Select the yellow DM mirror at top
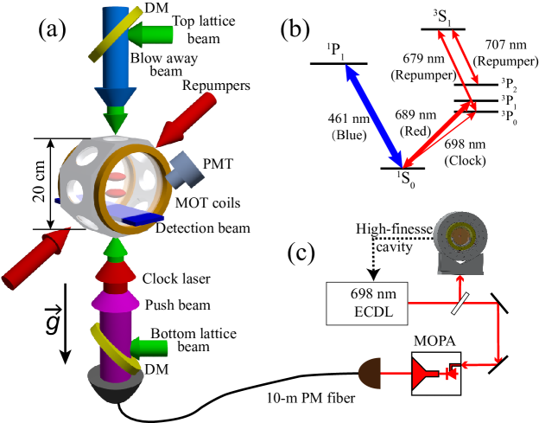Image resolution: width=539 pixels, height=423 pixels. [108, 31]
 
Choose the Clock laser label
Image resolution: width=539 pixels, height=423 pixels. [176, 279]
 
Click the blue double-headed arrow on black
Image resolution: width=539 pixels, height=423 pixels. [374, 115]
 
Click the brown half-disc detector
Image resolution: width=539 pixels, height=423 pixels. [371, 375]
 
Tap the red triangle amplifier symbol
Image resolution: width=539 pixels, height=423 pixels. [421, 375]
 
